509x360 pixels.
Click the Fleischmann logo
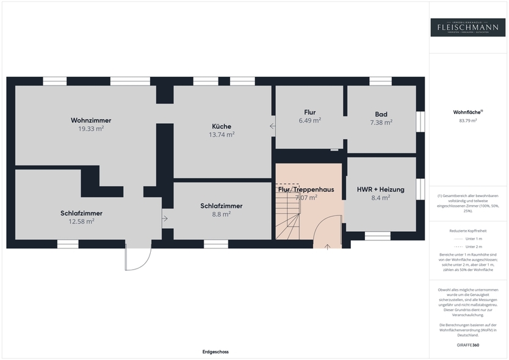pos(467,27)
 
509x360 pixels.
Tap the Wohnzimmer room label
pos(91,120)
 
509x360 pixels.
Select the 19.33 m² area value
pos(91,129)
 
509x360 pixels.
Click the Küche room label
pos(222,126)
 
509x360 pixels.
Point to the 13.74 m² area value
pos(222,134)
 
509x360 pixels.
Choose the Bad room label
pos(381,114)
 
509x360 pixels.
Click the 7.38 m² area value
pos(381,122)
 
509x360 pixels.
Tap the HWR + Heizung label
pos(381,189)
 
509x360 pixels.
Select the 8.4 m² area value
pos(381,197)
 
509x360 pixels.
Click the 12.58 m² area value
pos(81,221)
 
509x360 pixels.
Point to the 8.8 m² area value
pos(221,214)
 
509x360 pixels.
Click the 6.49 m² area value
pos(309,120)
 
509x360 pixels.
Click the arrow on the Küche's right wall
pos(272,126)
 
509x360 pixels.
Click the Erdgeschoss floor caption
pos(215,352)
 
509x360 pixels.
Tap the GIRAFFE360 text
pos(467,345)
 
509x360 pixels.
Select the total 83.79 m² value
pos(467,121)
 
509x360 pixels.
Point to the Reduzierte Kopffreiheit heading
pos(467,231)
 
